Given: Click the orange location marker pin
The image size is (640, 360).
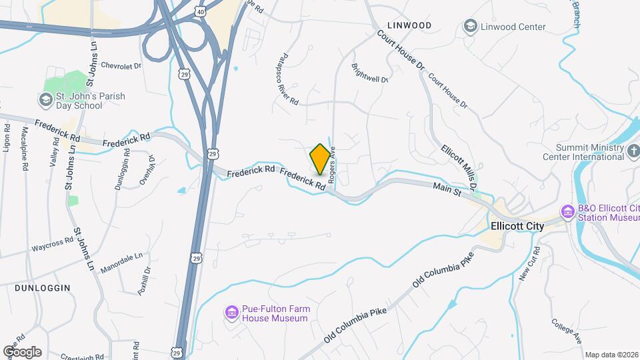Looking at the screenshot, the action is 320,159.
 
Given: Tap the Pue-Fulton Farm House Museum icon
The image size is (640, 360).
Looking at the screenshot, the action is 231,312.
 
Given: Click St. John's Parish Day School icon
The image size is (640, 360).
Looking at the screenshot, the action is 45,101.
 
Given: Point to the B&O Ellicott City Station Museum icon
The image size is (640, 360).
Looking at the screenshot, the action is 568,212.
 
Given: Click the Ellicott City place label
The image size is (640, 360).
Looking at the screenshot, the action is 517,226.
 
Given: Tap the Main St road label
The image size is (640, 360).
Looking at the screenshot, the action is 447,191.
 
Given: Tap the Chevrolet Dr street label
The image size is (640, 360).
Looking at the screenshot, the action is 120,66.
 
